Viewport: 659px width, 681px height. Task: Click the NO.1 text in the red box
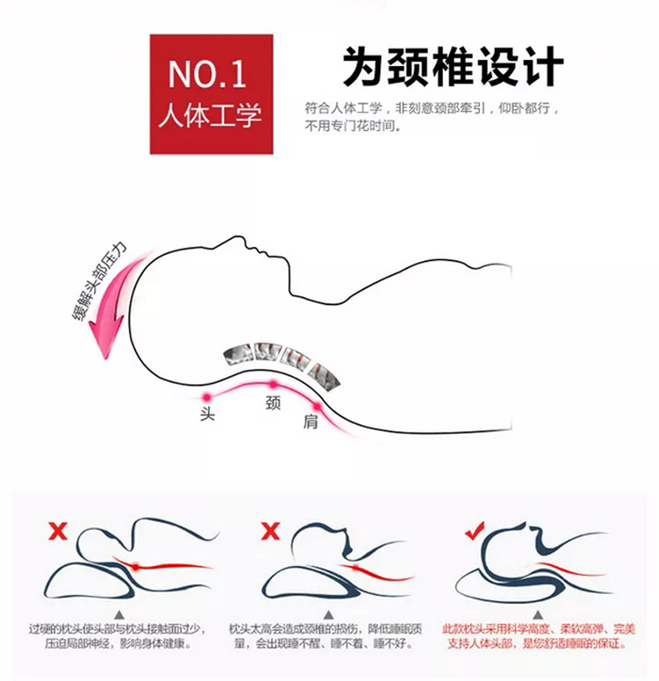(206, 75)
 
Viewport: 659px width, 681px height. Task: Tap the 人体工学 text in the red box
(210, 115)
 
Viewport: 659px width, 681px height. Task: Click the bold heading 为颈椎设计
(453, 67)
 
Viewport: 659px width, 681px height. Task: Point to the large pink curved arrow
(114, 304)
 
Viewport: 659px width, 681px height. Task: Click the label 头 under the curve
(207, 414)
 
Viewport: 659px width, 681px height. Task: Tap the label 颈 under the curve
(272, 402)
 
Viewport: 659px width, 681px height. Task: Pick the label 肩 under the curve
(310, 422)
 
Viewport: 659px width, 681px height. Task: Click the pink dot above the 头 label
(207, 397)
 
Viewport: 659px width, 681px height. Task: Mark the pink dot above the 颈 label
(272, 384)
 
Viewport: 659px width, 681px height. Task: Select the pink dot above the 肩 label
(317, 407)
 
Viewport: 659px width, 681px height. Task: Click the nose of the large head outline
(237, 238)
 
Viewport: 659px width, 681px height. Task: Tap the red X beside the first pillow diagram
(58, 532)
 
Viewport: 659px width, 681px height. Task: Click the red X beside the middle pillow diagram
(271, 531)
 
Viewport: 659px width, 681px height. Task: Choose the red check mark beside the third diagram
(474, 530)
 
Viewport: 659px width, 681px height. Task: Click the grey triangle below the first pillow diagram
(119, 614)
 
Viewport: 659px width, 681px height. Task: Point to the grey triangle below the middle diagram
(329, 614)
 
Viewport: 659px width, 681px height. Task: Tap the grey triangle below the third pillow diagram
(538, 614)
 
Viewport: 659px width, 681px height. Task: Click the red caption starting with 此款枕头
(539, 636)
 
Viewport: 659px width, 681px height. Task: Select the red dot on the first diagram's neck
(136, 567)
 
